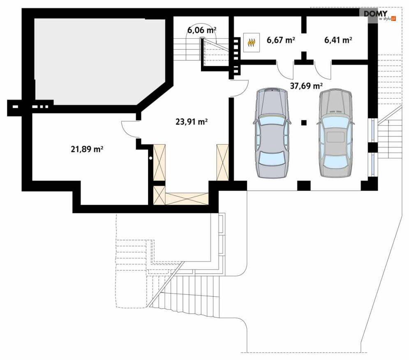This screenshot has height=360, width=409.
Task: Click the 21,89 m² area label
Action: [x=87, y=149]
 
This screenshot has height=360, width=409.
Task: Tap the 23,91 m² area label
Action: [x=192, y=122]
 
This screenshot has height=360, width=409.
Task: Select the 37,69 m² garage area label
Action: [x=306, y=85]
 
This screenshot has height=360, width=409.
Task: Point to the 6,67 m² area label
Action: [x=281, y=40]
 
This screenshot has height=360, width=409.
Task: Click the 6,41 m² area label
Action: [x=338, y=40]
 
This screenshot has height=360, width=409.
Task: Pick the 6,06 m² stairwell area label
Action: [x=202, y=30]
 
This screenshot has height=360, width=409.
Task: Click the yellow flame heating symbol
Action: [x=251, y=42]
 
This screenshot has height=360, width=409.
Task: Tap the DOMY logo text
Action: [x=376, y=14]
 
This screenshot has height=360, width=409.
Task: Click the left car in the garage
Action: [x=272, y=133]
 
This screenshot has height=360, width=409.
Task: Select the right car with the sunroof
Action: [x=335, y=133]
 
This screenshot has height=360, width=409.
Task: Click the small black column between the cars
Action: [x=304, y=122]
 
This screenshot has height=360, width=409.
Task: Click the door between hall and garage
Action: [x=239, y=89]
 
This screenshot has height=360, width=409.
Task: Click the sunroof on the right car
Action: [x=335, y=137]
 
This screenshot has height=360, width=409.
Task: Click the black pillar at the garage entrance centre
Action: [x=304, y=186]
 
